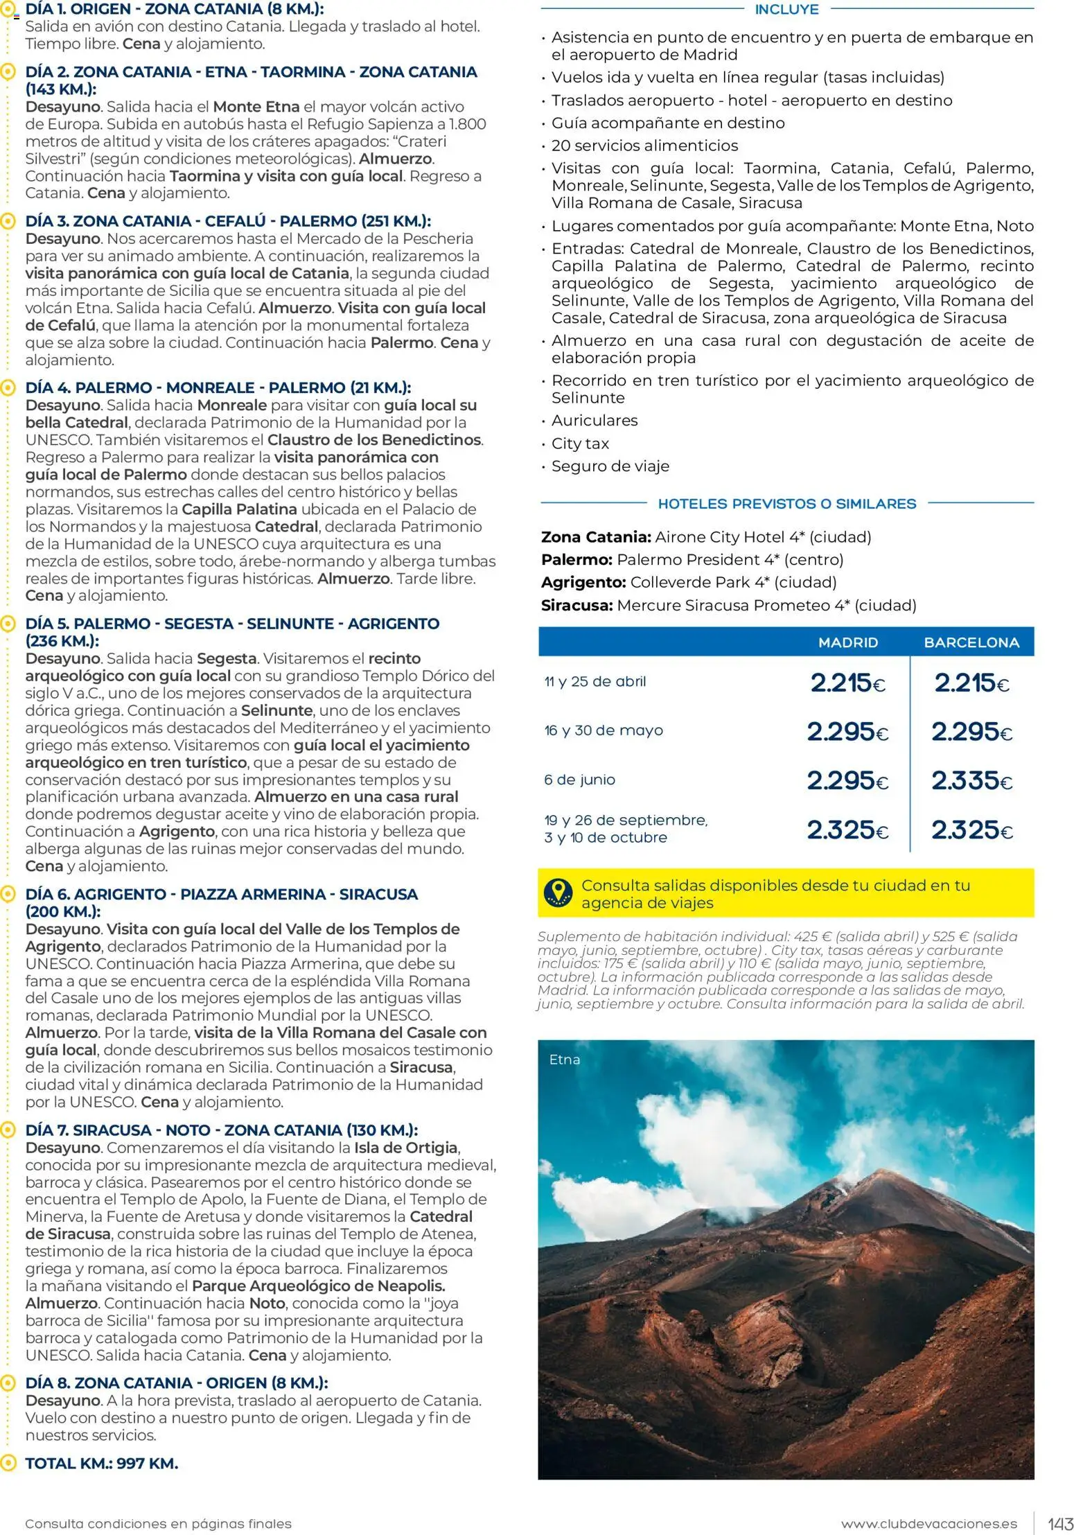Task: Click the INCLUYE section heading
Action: tap(786, 10)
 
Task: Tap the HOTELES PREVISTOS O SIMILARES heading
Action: tap(786, 504)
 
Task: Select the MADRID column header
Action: tap(847, 642)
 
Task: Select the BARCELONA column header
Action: tap(971, 642)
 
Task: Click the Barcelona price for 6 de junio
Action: tap(971, 781)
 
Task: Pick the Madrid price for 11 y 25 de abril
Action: tap(847, 683)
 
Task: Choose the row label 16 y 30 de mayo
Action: tap(604, 730)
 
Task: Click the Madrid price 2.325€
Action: tap(847, 830)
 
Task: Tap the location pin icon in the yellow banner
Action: tap(558, 893)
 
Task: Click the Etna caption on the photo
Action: tap(565, 1060)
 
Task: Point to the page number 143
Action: tap(1060, 1524)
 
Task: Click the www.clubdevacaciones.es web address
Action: tap(929, 1524)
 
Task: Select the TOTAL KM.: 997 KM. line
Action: tap(102, 1463)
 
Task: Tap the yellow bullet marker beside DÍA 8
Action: tap(8, 1383)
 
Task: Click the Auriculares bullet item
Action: tap(595, 421)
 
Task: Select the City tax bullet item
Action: tap(580, 444)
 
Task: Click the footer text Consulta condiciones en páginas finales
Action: tap(158, 1524)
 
